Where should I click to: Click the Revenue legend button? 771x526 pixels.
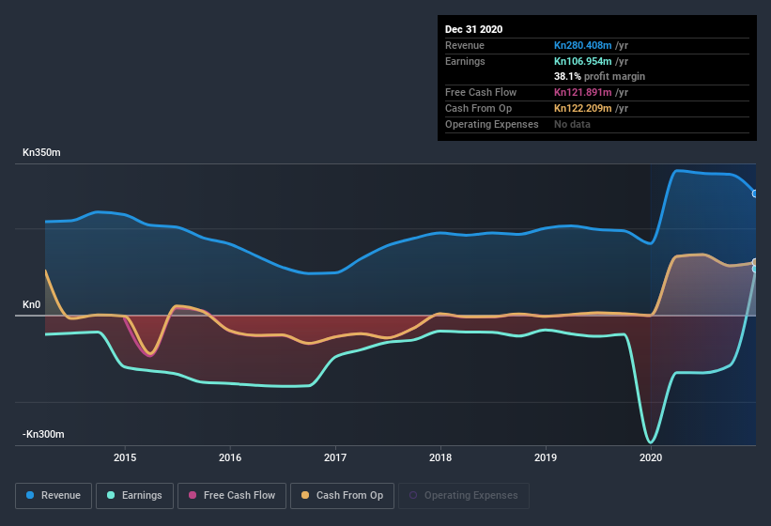coord(54,495)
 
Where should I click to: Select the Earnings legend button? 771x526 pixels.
coord(133,495)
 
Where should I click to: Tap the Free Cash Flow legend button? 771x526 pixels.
coord(232,495)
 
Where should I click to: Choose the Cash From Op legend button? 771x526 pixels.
coord(342,495)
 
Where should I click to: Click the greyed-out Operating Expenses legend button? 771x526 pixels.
coord(464,495)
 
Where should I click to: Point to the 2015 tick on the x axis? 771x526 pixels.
coord(125,458)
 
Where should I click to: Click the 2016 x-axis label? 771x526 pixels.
coord(230,458)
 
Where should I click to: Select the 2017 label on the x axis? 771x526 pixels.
coord(335,458)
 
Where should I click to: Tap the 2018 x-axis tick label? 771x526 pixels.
coord(440,458)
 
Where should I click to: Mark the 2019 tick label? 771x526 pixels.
coord(546,458)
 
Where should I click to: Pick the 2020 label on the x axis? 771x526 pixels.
coord(651,458)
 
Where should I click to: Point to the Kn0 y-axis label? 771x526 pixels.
coord(33,305)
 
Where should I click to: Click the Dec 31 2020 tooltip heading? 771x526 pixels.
coord(474,29)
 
